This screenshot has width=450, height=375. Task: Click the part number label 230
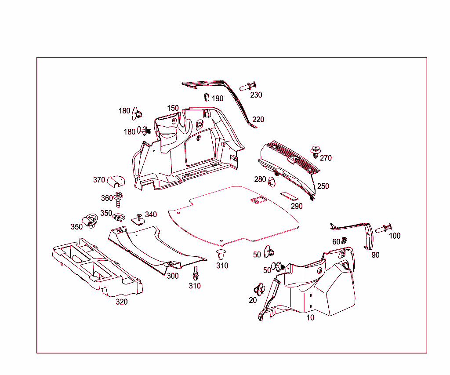click(256, 95)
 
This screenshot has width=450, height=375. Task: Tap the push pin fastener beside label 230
click(248, 86)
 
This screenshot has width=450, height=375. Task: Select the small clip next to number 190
click(206, 97)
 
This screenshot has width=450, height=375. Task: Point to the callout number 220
click(258, 120)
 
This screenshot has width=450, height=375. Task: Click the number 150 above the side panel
click(173, 108)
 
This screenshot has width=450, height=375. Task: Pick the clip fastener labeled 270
click(315, 152)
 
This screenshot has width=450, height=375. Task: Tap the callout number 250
click(323, 186)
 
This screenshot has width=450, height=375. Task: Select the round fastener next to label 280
click(271, 182)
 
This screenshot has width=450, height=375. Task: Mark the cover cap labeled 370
click(115, 180)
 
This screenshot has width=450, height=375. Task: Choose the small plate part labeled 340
click(139, 219)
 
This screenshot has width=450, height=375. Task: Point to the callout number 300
click(173, 276)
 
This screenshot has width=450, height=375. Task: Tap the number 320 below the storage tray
click(122, 302)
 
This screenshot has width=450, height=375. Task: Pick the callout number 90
click(375, 255)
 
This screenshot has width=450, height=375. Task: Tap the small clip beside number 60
click(345, 240)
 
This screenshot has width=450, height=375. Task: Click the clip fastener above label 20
click(259, 289)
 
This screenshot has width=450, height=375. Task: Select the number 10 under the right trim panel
click(310, 318)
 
